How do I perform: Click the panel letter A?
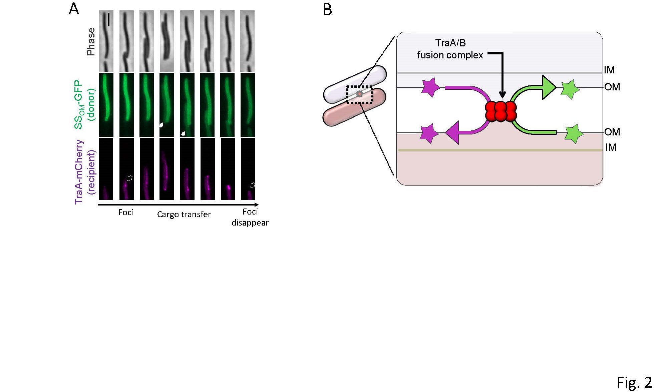click(x=74, y=9)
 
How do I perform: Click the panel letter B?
click(x=328, y=9)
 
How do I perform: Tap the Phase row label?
click(x=91, y=42)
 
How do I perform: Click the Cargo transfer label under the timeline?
click(x=184, y=214)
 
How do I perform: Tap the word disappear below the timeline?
click(x=250, y=223)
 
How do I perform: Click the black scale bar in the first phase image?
click(x=109, y=20)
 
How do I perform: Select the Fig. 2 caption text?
click(x=634, y=382)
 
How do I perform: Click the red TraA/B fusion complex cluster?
click(x=501, y=111)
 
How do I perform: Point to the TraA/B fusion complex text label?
click(x=450, y=49)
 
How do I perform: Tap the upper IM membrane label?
click(x=609, y=70)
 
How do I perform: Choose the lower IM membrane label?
click(x=611, y=147)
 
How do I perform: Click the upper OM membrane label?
click(x=612, y=87)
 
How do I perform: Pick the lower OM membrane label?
click(x=612, y=132)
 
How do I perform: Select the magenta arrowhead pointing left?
click(x=452, y=133)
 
